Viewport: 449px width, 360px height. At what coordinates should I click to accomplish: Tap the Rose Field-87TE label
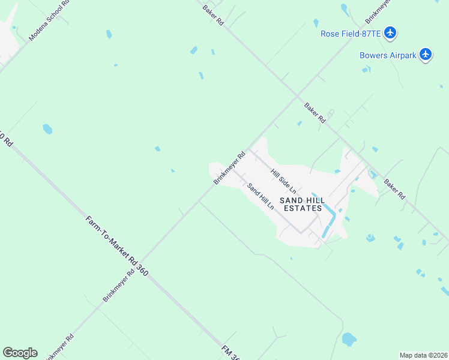coord(351,34)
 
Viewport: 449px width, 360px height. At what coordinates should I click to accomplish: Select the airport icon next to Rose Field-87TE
coord(391,32)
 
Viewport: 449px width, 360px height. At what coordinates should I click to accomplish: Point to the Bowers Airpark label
coord(387,55)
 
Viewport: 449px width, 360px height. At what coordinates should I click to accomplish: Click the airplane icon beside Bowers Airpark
coord(426,55)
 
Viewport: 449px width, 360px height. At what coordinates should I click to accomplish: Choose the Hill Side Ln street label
coord(283,181)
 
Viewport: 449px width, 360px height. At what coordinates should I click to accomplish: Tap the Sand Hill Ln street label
coord(261,196)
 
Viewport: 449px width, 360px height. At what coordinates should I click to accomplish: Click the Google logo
coord(20,353)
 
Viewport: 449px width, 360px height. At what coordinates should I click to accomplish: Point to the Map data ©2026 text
coord(423,355)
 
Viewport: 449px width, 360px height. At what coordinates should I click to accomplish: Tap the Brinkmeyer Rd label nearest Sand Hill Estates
coord(230,168)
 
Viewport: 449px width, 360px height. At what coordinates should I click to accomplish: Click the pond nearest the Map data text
coord(349,340)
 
